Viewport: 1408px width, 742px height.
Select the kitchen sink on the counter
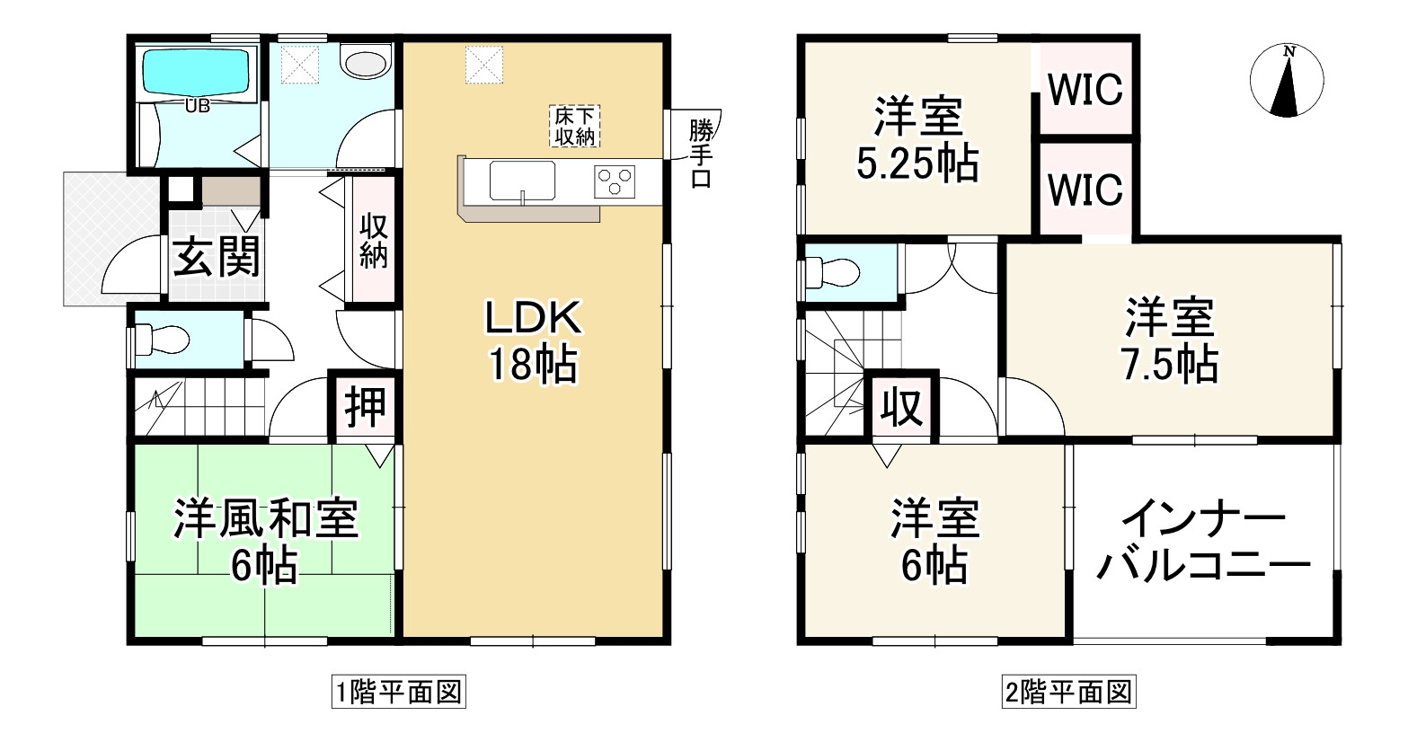click(x=522, y=181)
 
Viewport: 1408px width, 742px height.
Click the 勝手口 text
click(x=701, y=154)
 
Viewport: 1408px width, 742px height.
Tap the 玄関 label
click(x=217, y=258)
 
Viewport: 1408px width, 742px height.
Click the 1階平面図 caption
click(x=398, y=693)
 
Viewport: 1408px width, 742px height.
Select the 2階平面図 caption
click(x=1068, y=693)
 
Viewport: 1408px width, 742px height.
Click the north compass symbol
click(x=1287, y=81)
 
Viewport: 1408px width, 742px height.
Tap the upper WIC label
click(x=1085, y=90)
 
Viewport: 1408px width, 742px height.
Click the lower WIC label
click(x=1085, y=190)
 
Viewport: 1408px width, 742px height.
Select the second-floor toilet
click(x=831, y=270)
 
